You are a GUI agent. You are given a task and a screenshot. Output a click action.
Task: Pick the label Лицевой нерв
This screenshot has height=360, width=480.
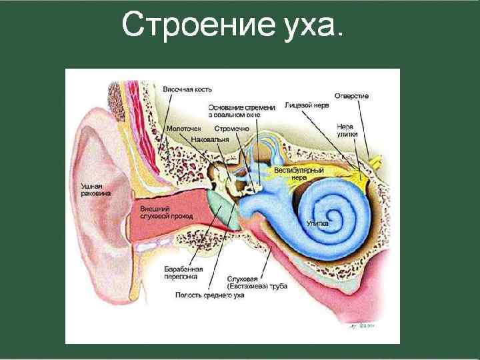pos(305,105)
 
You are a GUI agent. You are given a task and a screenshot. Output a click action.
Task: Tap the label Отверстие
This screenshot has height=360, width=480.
pos(351,96)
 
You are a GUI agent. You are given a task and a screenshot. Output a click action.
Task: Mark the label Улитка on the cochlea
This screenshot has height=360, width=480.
pos(317,223)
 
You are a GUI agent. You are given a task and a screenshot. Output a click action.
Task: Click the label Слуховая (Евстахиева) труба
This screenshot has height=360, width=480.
pos(257,282)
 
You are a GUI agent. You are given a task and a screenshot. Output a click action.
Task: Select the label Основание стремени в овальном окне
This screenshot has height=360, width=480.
pos(241,111)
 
